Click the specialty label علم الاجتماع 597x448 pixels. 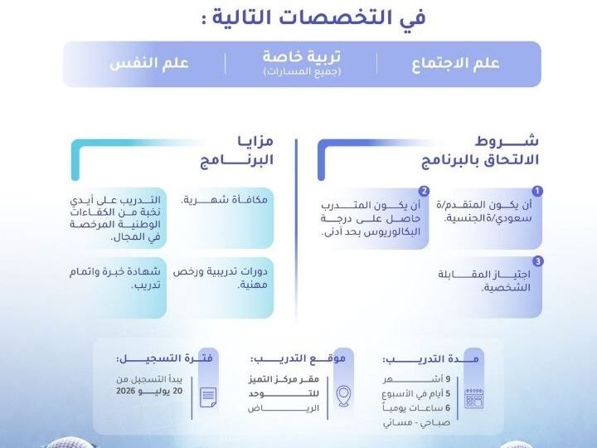455,64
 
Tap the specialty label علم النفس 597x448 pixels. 149,63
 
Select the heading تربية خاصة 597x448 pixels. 302,56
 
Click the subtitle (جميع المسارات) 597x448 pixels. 302,71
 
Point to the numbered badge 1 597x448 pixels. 537,191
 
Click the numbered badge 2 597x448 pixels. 424,191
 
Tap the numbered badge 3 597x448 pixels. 537,261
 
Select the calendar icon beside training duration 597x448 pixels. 474,398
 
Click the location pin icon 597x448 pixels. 343,396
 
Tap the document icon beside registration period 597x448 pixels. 208,397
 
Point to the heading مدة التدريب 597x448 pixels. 430,359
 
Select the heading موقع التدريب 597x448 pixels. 298,358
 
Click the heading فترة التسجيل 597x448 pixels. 164,358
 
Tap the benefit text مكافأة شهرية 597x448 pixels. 224,200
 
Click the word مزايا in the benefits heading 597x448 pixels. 255,140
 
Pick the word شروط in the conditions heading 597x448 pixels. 507,141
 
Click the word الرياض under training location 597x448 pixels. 284,408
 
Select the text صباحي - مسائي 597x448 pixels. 416,423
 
